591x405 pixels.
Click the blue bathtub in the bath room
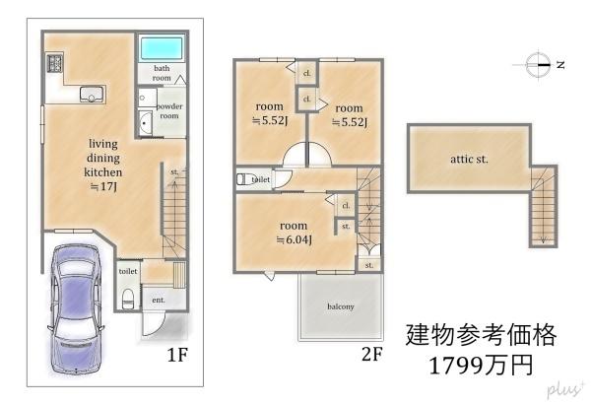click(x=162, y=48)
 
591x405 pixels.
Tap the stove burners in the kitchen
click(x=54, y=63)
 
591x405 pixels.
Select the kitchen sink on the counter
click(x=92, y=94)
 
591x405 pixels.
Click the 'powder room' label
click(x=169, y=111)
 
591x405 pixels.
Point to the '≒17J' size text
click(x=103, y=186)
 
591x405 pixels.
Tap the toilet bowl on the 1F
click(x=128, y=299)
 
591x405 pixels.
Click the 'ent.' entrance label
click(x=159, y=300)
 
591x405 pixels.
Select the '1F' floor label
click(x=177, y=355)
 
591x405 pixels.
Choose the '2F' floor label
click(x=372, y=354)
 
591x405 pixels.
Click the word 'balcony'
click(x=341, y=306)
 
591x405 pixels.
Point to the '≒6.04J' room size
click(x=295, y=239)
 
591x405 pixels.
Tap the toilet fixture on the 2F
click(x=244, y=178)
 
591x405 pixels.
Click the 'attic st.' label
click(x=469, y=159)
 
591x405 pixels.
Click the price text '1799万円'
click(x=481, y=365)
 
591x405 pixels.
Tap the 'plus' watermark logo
click(x=565, y=389)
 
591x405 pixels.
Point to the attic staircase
click(x=543, y=206)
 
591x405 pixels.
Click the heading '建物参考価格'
click(x=481, y=335)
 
